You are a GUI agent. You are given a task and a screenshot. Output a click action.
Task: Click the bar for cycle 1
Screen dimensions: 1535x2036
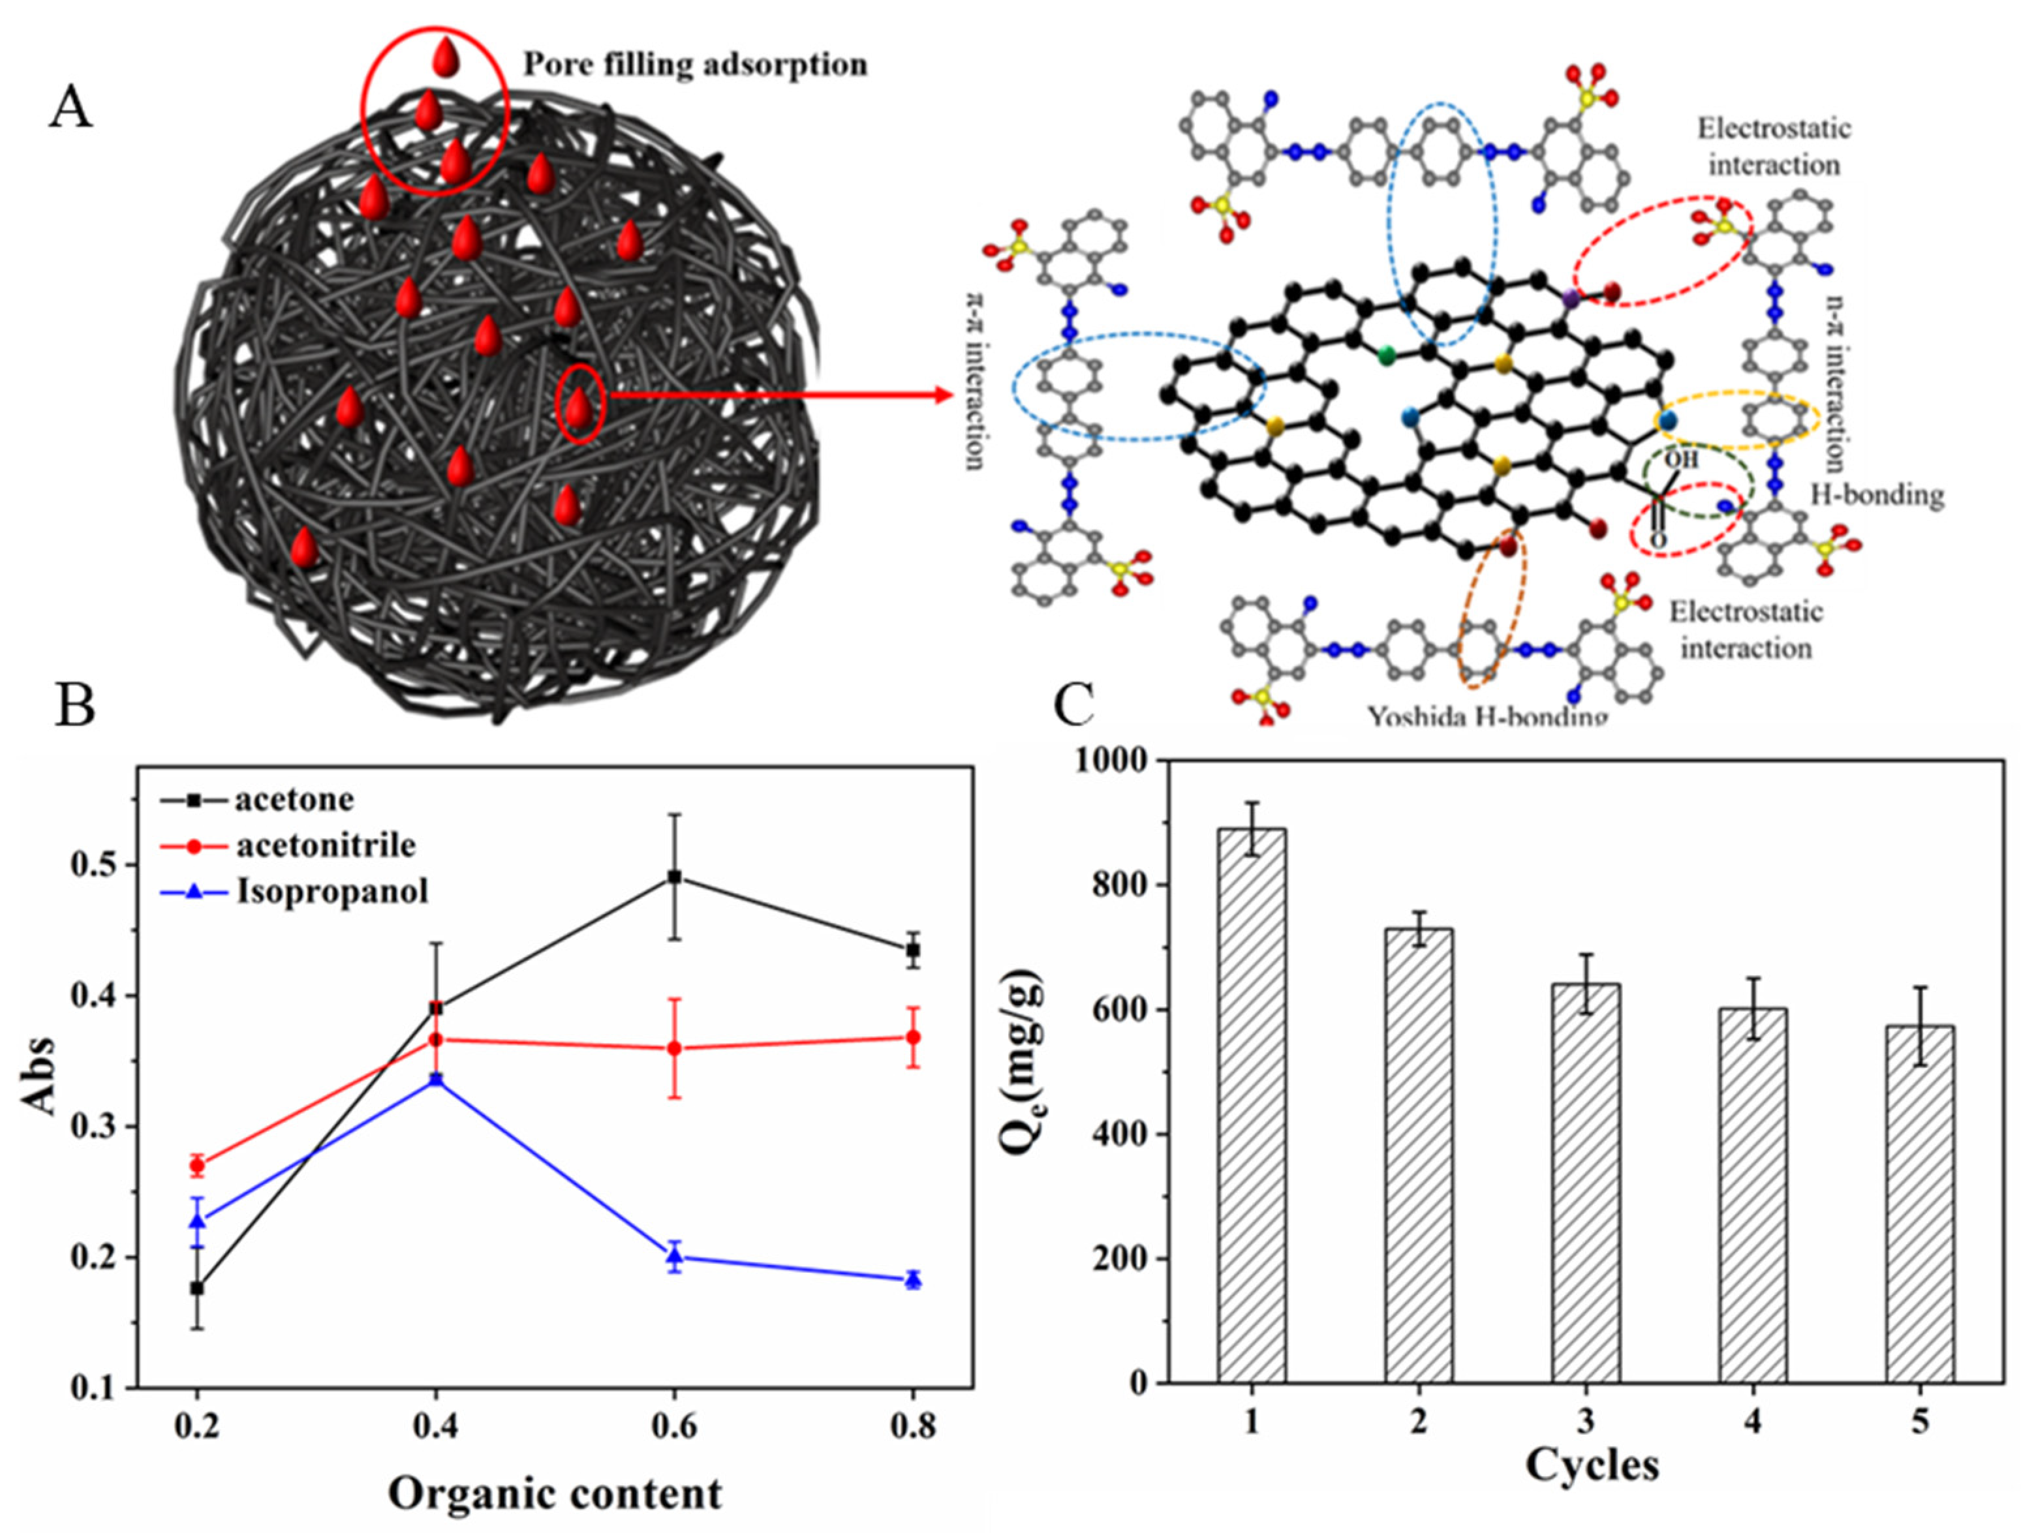(x=1252, y=1104)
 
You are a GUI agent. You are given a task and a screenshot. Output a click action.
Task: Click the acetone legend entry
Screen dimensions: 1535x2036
(x=294, y=798)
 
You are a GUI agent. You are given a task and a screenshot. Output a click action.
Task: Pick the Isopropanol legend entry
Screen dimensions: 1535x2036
(x=332, y=891)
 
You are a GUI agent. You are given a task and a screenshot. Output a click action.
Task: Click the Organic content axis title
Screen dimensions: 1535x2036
(x=555, y=1493)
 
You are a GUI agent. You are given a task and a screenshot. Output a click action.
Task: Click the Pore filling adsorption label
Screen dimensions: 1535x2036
(x=695, y=65)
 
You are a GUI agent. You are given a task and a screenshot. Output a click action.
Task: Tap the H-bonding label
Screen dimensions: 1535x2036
(x=1877, y=495)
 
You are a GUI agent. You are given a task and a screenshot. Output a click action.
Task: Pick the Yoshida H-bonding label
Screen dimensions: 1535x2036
(x=1487, y=716)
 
